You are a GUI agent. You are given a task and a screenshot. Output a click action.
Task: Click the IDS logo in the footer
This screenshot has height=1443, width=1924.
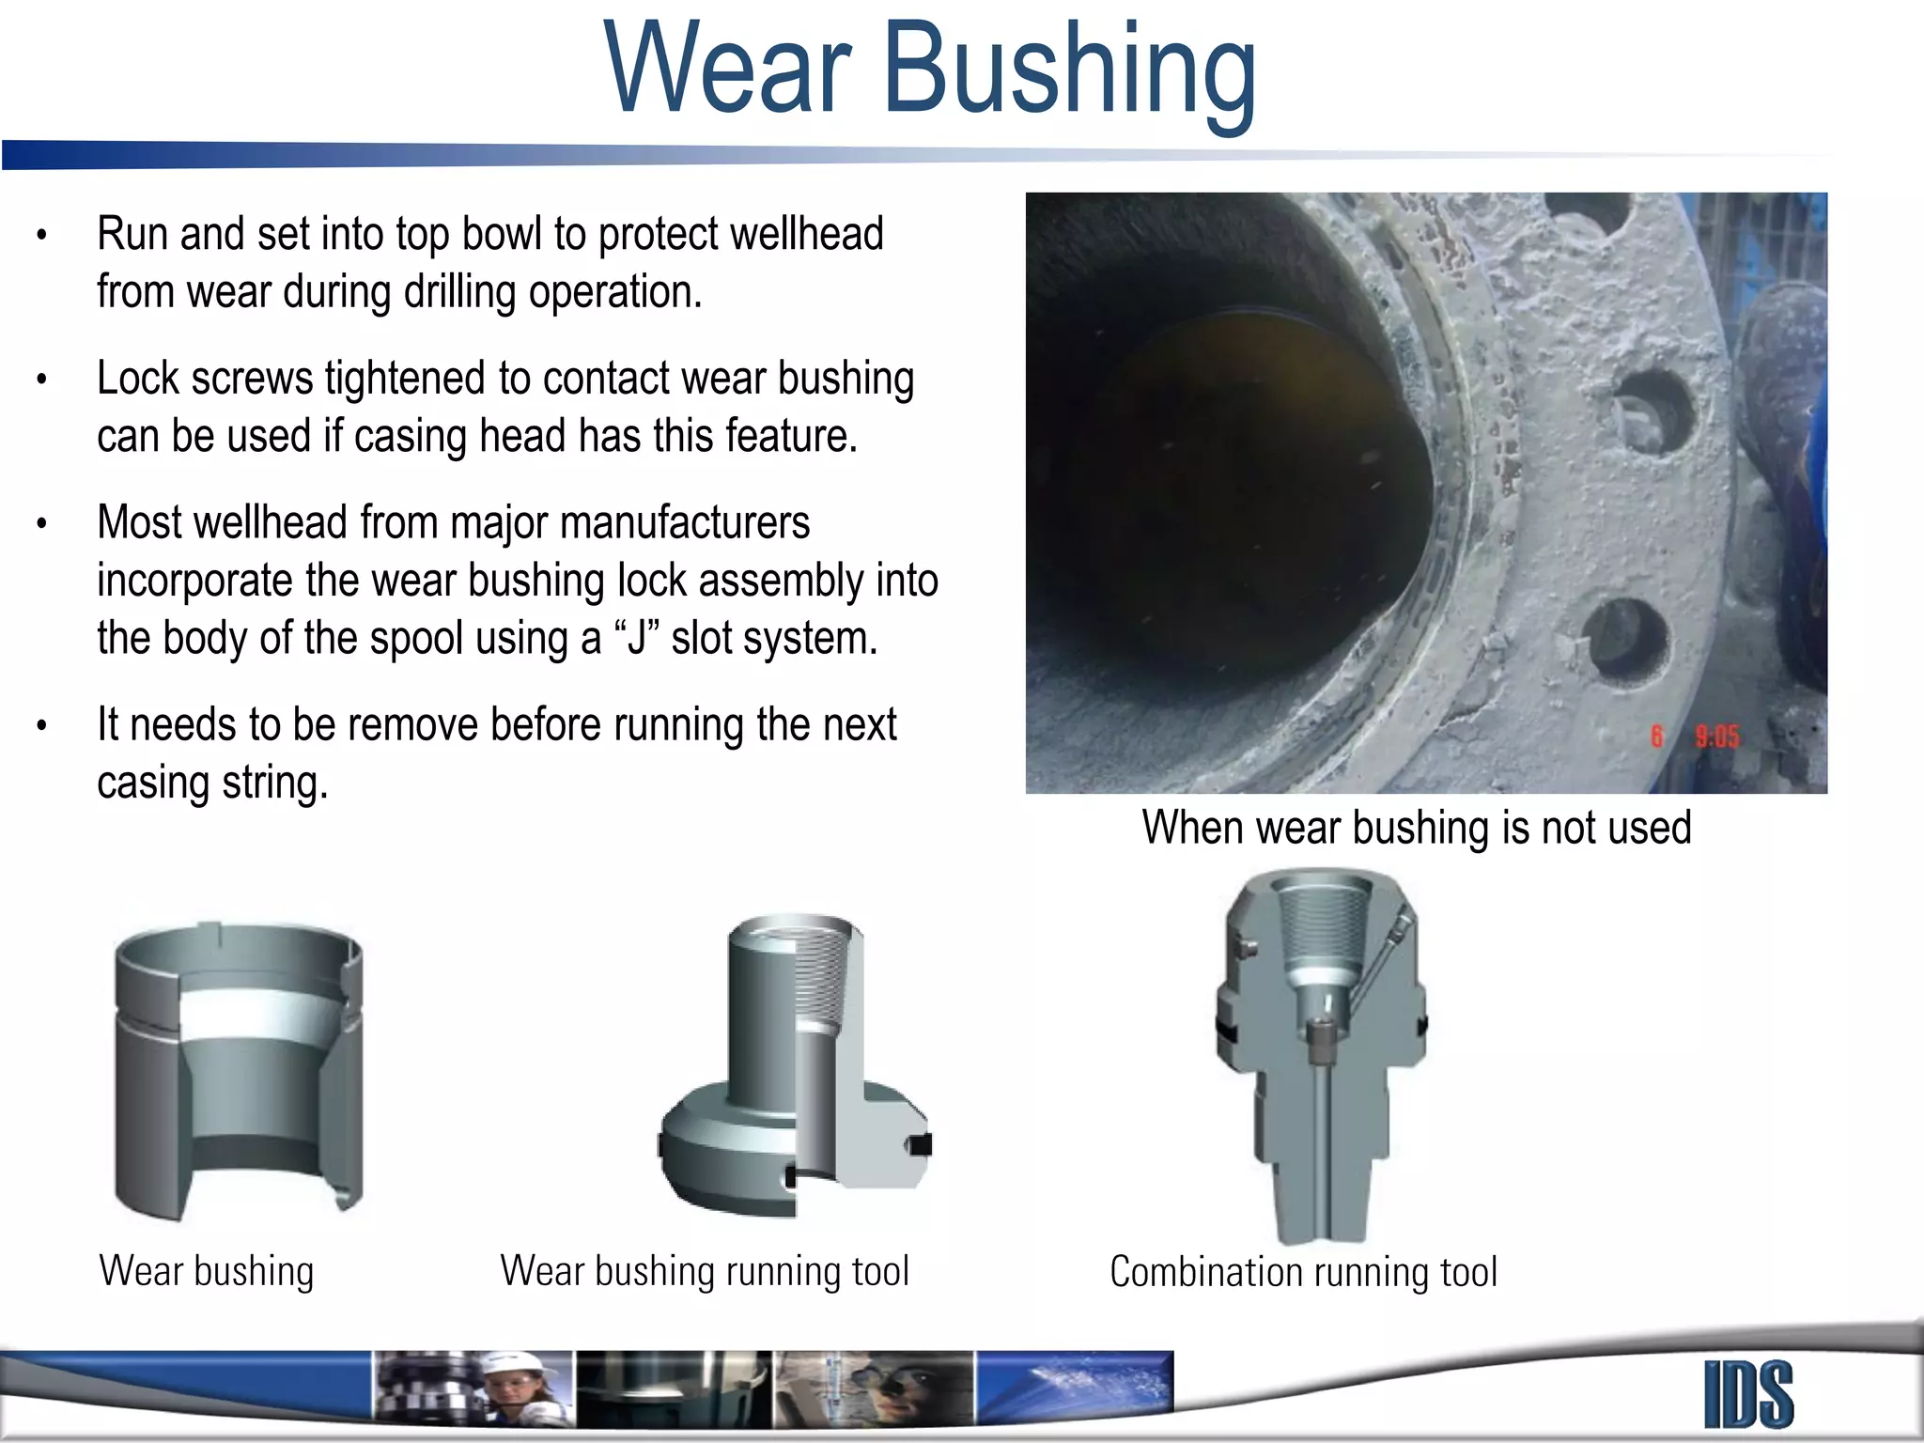coord(1748,1394)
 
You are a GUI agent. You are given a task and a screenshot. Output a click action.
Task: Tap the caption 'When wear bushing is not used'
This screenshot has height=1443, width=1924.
coord(1417,829)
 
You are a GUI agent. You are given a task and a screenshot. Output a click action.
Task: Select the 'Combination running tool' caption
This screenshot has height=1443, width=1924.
coord(1303,1272)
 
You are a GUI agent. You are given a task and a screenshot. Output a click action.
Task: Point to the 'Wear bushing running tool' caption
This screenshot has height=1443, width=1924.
coord(705,1271)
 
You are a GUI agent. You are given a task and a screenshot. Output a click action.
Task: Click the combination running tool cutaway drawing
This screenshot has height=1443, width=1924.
coord(1320,1052)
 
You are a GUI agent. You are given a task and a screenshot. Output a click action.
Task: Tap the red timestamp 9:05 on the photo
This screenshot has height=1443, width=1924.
coord(1716,737)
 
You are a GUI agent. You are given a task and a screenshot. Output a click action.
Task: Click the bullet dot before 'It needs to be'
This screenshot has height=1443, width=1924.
coord(41,726)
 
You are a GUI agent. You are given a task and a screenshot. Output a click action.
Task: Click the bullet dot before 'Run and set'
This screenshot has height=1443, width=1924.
coord(41,236)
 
